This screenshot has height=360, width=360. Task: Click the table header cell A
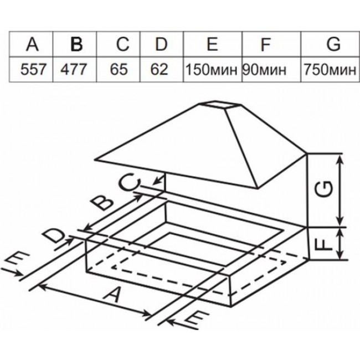(32, 44)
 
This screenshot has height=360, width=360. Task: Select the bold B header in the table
(76, 44)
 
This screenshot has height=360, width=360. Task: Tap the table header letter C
(122, 44)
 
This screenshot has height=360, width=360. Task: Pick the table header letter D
(161, 44)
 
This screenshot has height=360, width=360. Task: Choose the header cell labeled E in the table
(212, 44)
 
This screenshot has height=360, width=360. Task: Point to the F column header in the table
(265, 44)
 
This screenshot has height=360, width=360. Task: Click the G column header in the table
(333, 44)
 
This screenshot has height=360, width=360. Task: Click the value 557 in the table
(33, 69)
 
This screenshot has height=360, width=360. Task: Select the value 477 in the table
(74, 69)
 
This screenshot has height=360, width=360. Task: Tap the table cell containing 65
(119, 69)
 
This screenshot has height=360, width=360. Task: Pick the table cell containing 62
(159, 69)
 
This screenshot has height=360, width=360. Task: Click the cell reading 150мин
(211, 70)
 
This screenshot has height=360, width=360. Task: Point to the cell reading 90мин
(265, 70)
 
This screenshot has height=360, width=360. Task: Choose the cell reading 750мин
(330, 70)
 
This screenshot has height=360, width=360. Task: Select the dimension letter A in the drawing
(113, 295)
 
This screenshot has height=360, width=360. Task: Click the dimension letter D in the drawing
(54, 235)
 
